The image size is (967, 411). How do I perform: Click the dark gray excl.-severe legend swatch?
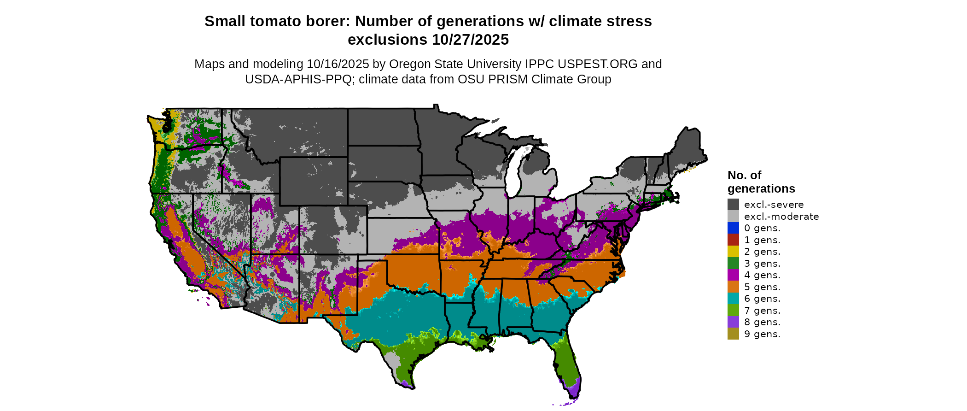(x=733, y=205)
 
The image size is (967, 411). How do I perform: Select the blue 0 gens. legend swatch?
(x=733, y=228)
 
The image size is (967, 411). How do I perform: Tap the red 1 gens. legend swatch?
(x=733, y=240)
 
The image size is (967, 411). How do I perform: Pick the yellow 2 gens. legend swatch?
(x=733, y=252)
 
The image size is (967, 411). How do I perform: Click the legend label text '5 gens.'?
(x=762, y=287)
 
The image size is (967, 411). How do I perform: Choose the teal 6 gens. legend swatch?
(x=733, y=299)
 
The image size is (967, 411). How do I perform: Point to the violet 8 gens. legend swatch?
(x=733, y=322)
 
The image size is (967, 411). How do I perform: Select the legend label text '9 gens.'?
(x=762, y=334)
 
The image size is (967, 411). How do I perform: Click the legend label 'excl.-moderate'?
(x=781, y=217)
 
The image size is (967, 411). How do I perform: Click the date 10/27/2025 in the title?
(x=470, y=40)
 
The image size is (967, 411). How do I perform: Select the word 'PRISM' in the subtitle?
(x=507, y=79)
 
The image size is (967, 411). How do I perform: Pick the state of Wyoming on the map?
(x=313, y=181)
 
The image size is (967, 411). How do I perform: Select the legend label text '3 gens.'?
(x=762, y=264)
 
